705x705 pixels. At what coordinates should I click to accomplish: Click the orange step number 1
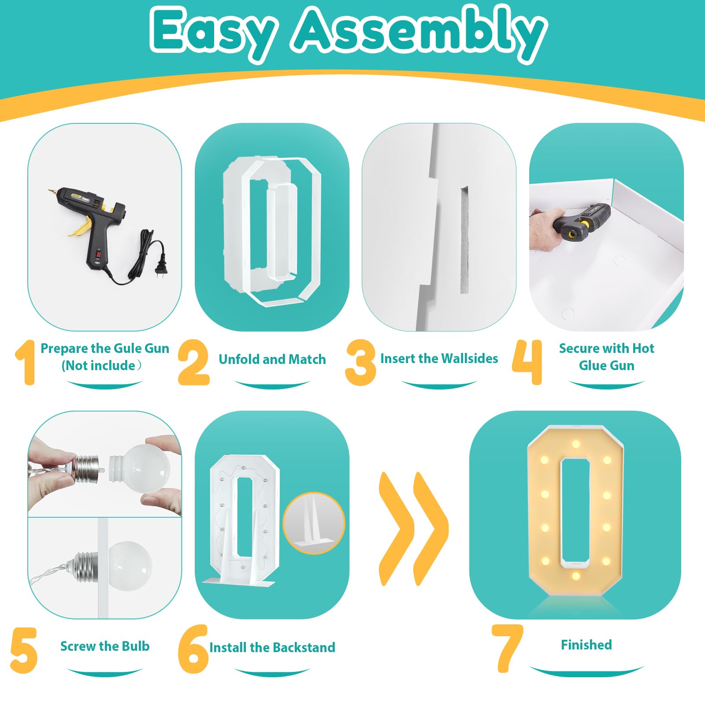coord(26,362)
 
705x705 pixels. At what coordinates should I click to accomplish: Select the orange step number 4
coord(527,362)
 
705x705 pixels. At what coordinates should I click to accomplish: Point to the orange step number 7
coord(508,648)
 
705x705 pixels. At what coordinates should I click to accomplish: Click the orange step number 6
coord(193,649)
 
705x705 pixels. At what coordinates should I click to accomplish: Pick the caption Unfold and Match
coord(272,359)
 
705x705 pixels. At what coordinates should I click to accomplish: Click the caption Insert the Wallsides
coord(439,358)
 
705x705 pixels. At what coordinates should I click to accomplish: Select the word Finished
coord(586,645)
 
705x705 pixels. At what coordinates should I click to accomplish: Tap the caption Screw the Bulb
coord(105,646)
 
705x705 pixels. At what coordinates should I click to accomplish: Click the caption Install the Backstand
coord(272,647)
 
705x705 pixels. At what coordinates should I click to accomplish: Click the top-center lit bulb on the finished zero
coord(576,444)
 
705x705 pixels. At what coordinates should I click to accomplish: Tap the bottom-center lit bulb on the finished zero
coord(576,576)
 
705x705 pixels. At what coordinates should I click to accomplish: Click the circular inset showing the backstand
coord(314,523)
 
